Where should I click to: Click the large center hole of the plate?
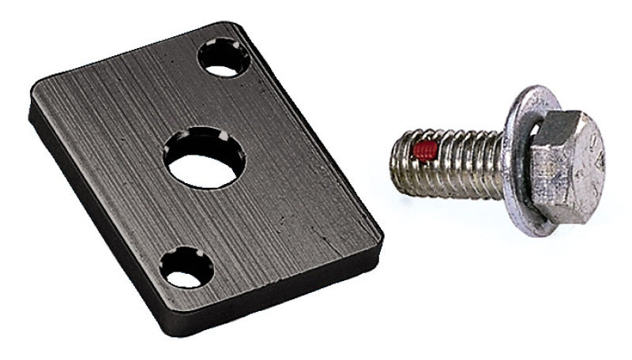(x=205, y=157)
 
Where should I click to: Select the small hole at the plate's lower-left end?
(x=187, y=268)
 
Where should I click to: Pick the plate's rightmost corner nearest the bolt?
(x=378, y=234)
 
